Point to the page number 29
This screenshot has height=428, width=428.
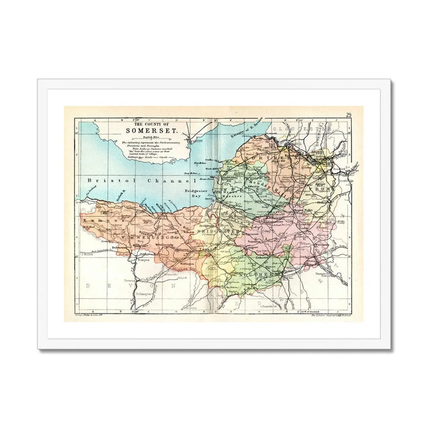(348, 115)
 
